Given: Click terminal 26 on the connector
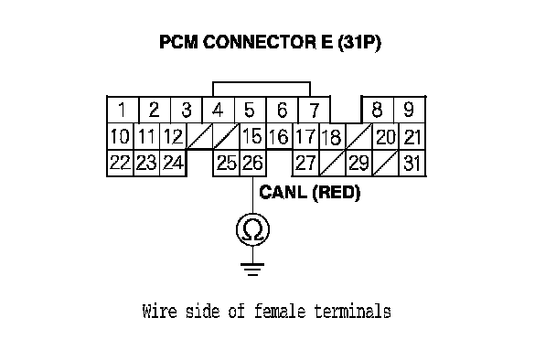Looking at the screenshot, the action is point(252,163).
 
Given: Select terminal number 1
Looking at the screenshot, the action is point(123,110).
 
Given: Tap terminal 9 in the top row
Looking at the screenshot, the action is point(409,110).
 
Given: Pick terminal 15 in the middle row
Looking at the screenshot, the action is point(252,136).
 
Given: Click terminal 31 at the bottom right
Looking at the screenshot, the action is point(412,163).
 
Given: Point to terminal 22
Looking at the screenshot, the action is point(120,163).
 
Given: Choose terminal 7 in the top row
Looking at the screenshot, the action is point(315,110).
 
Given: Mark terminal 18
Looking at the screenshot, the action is point(332,137).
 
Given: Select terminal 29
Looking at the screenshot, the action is point(358,163).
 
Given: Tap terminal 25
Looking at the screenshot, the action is point(227,163).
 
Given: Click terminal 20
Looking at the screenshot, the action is point(385,137).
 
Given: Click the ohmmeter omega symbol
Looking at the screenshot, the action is point(252,229).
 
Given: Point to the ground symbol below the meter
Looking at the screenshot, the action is point(252,270).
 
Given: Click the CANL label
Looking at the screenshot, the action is point(283,193).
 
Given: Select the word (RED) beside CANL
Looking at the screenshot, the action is point(337,193).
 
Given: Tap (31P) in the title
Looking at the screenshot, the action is point(359,43).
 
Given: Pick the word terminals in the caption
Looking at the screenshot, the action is point(352,311).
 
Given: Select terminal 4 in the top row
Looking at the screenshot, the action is point(219,110).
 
